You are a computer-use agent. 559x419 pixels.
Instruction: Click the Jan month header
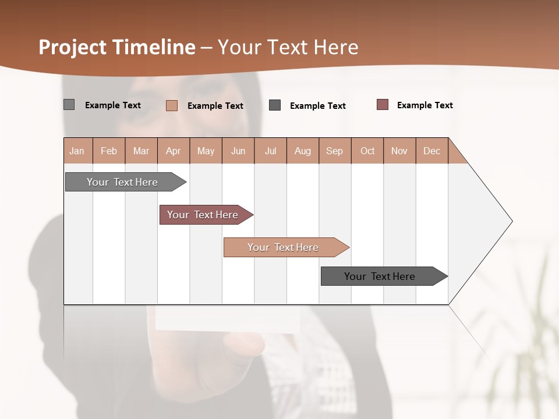click(x=77, y=151)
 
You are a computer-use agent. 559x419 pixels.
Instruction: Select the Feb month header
click(x=109, y=151)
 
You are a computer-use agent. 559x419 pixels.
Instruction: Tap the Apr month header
click(x=174, y=151)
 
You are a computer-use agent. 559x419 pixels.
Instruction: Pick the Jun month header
click(x=238, y=151)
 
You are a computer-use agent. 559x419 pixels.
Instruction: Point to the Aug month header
click(x=303, y=151)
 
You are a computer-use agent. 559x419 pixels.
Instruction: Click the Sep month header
click(x=335, y=151)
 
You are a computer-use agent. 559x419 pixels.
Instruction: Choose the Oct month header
click(x=367, y=151)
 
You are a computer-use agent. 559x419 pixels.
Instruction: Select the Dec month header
click(x=432, y=151)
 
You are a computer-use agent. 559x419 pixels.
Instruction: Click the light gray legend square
click(x=69, y=105)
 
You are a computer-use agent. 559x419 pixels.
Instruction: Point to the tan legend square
click(x=172, y=105)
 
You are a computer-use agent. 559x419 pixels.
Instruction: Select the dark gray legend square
click(x=275, y=105)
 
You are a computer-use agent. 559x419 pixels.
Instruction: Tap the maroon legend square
click(x=383, y=105)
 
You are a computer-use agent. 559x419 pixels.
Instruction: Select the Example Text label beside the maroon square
click(x=424, y=105)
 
